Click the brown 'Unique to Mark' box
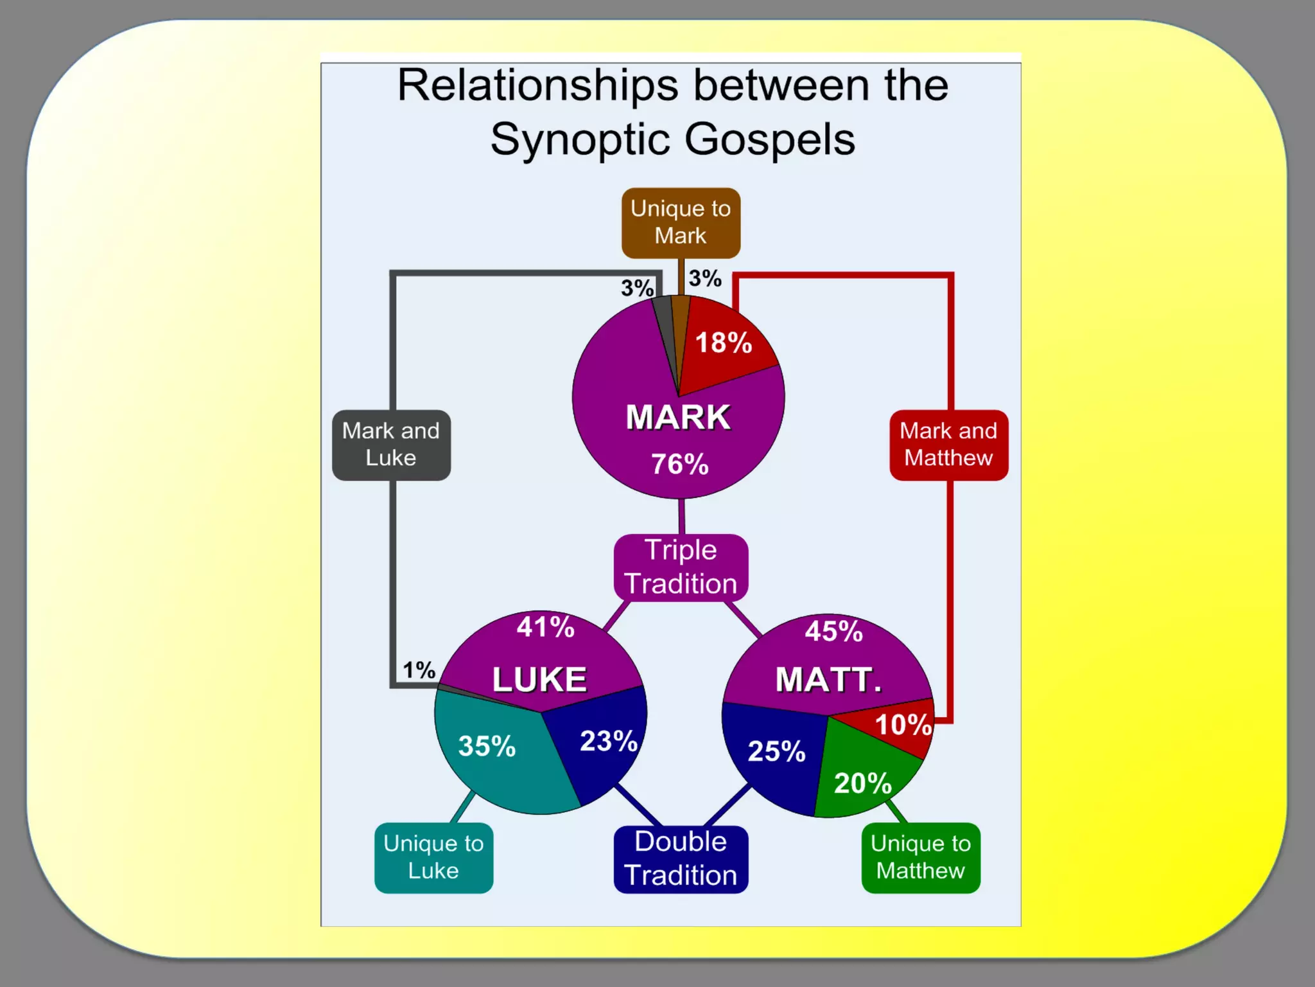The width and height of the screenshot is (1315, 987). point(681,222)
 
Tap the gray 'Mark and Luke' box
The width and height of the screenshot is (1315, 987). point(391,445)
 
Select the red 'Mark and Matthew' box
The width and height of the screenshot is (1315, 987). point(948,445)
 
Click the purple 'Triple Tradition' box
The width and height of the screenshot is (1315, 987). point(681,567)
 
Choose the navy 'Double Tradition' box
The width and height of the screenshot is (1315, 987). point(681,859)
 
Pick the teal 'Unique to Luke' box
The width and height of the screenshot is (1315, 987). point(433,857)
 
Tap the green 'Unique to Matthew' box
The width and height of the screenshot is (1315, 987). point(920,857)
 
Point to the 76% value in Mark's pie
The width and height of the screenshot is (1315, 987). point(680,464)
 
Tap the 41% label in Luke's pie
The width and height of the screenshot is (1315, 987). point(545,627)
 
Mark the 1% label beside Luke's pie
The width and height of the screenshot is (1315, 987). point(419,670)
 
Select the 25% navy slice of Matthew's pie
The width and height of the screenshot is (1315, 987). point(776,751)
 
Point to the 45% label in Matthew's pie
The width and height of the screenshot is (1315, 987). point(833,631)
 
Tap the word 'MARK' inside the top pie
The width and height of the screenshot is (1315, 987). point(678,417)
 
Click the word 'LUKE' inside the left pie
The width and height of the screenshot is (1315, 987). point(539,680)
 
